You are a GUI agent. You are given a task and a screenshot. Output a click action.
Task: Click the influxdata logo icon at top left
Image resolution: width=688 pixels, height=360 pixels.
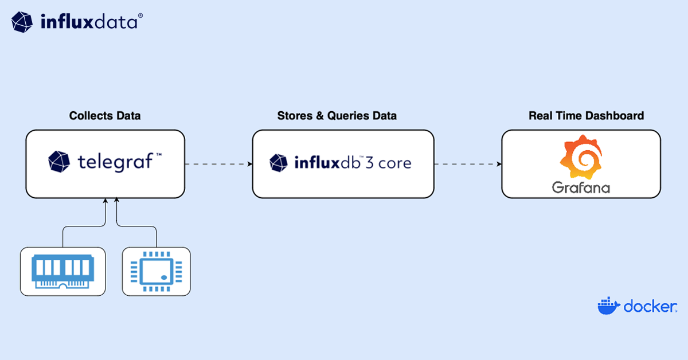click(x=22, y=22)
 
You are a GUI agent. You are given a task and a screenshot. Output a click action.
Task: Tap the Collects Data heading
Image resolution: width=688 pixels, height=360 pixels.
click(x=105, y=116)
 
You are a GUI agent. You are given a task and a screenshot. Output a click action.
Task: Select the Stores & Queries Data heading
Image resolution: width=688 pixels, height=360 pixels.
click(x=337, y=116)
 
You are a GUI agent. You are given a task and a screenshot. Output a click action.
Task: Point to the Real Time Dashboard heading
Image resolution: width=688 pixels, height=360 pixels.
click(x=586, y=116)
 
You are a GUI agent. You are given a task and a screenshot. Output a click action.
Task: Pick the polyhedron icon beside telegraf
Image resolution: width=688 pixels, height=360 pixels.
click(x=59, y=162)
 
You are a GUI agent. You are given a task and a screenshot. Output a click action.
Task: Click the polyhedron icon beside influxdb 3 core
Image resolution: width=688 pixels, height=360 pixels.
click(x=279, y=163)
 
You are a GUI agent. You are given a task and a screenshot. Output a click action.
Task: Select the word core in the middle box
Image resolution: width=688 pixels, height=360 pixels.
click(x=394, y=163)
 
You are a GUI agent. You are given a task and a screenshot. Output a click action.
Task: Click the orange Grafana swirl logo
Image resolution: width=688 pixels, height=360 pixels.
click(x=581, y=158)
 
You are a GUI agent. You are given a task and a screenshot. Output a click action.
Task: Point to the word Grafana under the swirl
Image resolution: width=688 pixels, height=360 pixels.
click(x=581, y=187)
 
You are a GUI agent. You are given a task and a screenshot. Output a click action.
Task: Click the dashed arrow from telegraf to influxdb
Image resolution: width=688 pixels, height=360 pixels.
click(x=218, y=164)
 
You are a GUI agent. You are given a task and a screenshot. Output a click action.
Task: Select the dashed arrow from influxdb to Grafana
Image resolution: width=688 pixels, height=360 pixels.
click(x=467, y=164)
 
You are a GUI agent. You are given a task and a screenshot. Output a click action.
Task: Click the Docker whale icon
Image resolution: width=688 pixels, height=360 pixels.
click(x=608, y=306)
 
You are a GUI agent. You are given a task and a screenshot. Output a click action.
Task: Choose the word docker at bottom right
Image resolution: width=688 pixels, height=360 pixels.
click(x=649, y=307)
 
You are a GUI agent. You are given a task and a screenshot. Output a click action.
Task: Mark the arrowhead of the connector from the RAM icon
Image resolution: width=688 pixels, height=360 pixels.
click(x=105, y=201)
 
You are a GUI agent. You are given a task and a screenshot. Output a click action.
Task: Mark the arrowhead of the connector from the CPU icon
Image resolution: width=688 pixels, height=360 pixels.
click(x=117, y=201)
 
